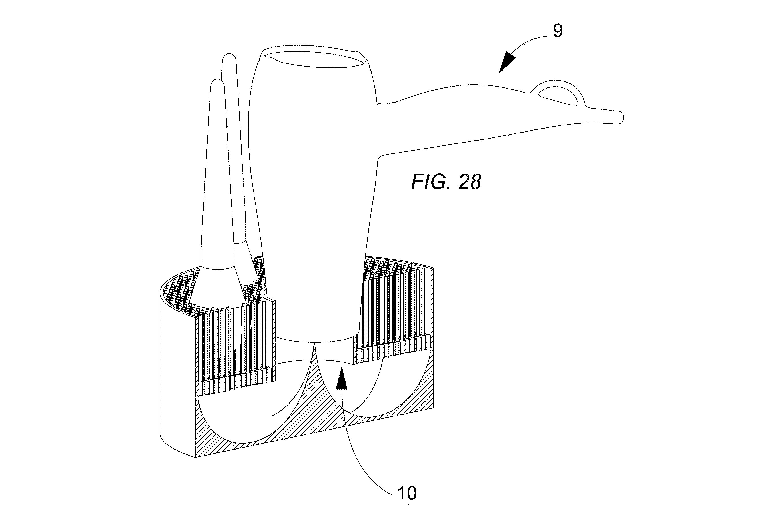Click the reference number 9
[x=558, y=31]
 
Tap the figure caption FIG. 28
[x=446, y=182]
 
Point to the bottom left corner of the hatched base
[x=195, y=457]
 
